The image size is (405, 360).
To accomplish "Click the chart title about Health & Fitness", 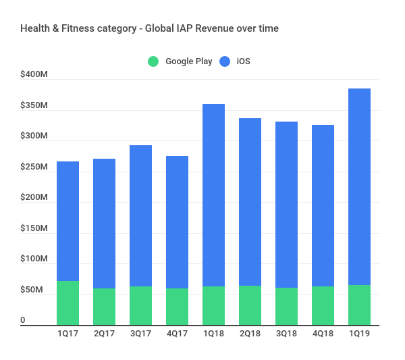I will coord(149,28).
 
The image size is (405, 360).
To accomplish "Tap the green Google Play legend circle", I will coord(154,61).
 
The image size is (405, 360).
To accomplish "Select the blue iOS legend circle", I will coord(225,61).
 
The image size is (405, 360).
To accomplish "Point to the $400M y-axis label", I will coord(34,75).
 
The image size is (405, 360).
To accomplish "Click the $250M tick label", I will coord(34,167).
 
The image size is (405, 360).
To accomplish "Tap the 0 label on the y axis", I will coord(23,320).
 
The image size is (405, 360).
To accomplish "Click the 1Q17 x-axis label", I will coord(67,333).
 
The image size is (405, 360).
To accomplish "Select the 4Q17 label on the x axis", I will coord(177,333).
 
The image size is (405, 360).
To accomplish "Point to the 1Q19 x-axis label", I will coord(359,333).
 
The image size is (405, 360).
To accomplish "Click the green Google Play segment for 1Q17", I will coord(67,303).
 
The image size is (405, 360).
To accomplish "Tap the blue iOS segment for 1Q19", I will coord(359,186).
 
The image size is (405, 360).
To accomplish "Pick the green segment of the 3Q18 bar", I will coord(286,307).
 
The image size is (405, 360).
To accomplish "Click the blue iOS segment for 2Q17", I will coord(104,224).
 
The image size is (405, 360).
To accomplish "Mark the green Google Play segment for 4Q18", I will coord(323,306).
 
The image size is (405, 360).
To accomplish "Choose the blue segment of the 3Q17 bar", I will coord(140,215).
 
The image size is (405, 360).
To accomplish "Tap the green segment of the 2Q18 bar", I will coord(250,305).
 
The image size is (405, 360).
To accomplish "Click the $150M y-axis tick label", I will coord(34,228).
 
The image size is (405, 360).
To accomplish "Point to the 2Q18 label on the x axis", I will coord(250,333).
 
